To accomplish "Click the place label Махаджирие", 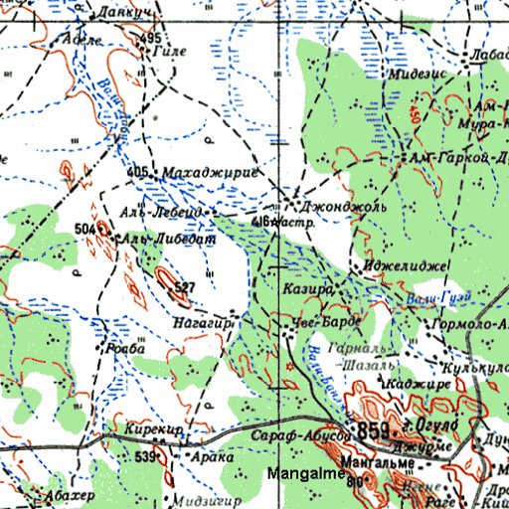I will coord(209,173).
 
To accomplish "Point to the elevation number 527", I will coord(182,288).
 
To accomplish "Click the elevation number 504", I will coord(85,230).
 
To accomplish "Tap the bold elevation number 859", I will coord(373,431).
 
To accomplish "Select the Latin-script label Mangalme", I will coord(302,475).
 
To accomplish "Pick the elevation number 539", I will coord(146,456).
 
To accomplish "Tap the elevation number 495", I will coord(150,38).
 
